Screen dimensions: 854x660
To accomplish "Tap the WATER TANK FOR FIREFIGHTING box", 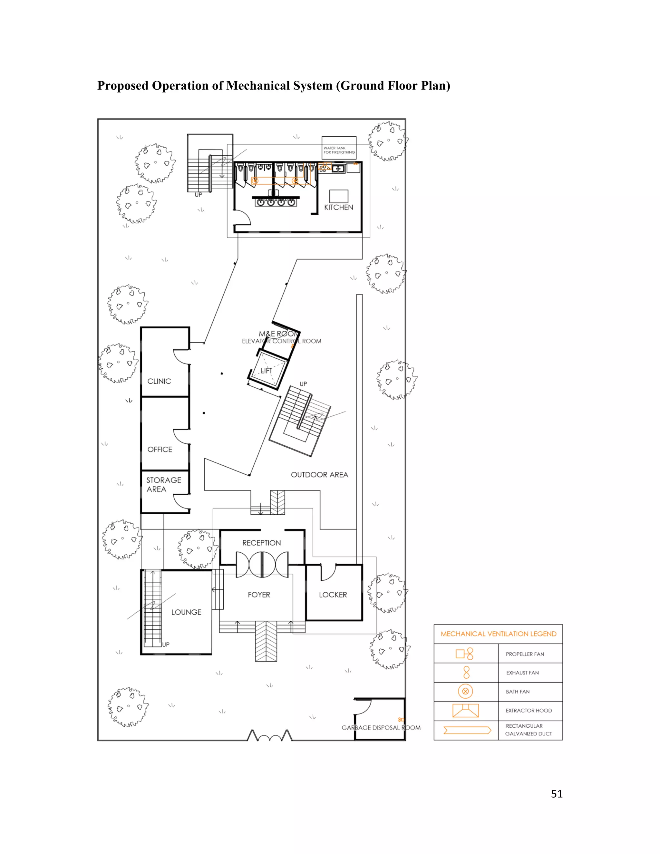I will point(339,148).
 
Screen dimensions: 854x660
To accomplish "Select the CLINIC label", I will point(159,381).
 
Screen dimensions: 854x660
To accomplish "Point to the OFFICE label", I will point(160,449).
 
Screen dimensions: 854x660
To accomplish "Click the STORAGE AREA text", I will point(163,484).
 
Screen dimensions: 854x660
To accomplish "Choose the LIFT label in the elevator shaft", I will point(266,371).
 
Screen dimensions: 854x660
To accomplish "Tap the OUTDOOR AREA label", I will point(319,475).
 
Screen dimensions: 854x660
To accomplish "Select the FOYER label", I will point(259,595).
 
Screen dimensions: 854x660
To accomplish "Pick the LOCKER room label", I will point(333,595).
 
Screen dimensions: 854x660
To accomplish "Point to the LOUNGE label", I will point(186,612).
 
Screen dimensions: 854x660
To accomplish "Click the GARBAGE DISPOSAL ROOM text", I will point(381,728).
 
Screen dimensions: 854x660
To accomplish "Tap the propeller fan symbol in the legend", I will point(464,654).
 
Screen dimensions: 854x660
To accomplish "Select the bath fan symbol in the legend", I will point(465,691).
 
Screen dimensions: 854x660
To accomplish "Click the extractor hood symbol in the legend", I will point(465,711).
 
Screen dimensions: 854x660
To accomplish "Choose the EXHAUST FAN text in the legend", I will point(522,673).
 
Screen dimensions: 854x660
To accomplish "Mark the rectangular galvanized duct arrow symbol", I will point(467,730).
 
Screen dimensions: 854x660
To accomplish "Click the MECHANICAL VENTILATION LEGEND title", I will point(498,634).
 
